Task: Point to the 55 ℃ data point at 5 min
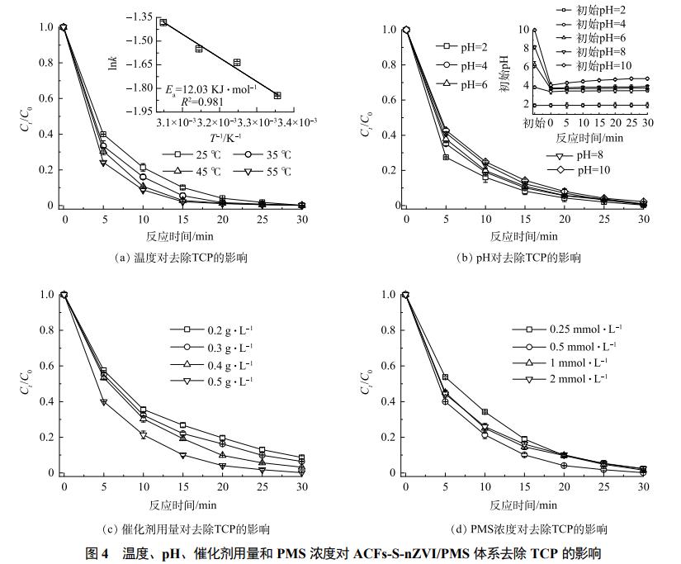point(103,163)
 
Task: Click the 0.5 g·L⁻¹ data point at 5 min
point(103,402)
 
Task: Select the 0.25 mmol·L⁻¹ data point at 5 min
point(446,377)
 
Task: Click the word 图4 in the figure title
point(99,552)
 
